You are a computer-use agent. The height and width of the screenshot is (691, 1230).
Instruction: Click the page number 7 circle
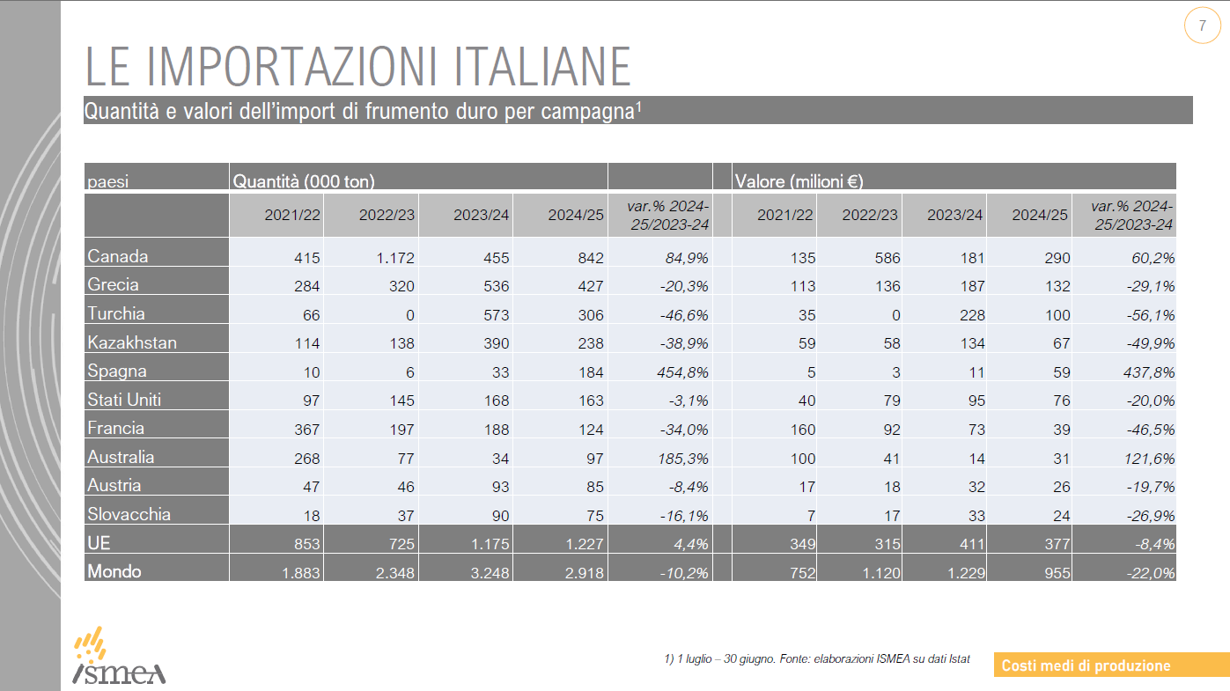tap(1202, 26)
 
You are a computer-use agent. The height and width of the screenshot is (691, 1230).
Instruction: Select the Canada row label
tap(118, 257)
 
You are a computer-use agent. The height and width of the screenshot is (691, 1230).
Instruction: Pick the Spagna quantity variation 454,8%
tap(677, 372)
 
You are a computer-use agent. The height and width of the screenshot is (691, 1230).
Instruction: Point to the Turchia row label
tap(116, 314)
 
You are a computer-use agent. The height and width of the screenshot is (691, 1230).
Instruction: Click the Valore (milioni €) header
tap(799, 182)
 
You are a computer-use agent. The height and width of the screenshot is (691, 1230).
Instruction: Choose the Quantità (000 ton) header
tap(304, 182)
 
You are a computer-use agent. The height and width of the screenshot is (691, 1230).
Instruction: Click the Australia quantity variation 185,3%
tap(677, 458)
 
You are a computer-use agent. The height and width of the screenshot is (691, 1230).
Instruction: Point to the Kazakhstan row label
tap(132, 342)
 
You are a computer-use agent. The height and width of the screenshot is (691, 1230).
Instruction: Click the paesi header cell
tap(108, 182)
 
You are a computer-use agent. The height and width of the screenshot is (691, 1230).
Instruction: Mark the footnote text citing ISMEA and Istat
tap(817, 658)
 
